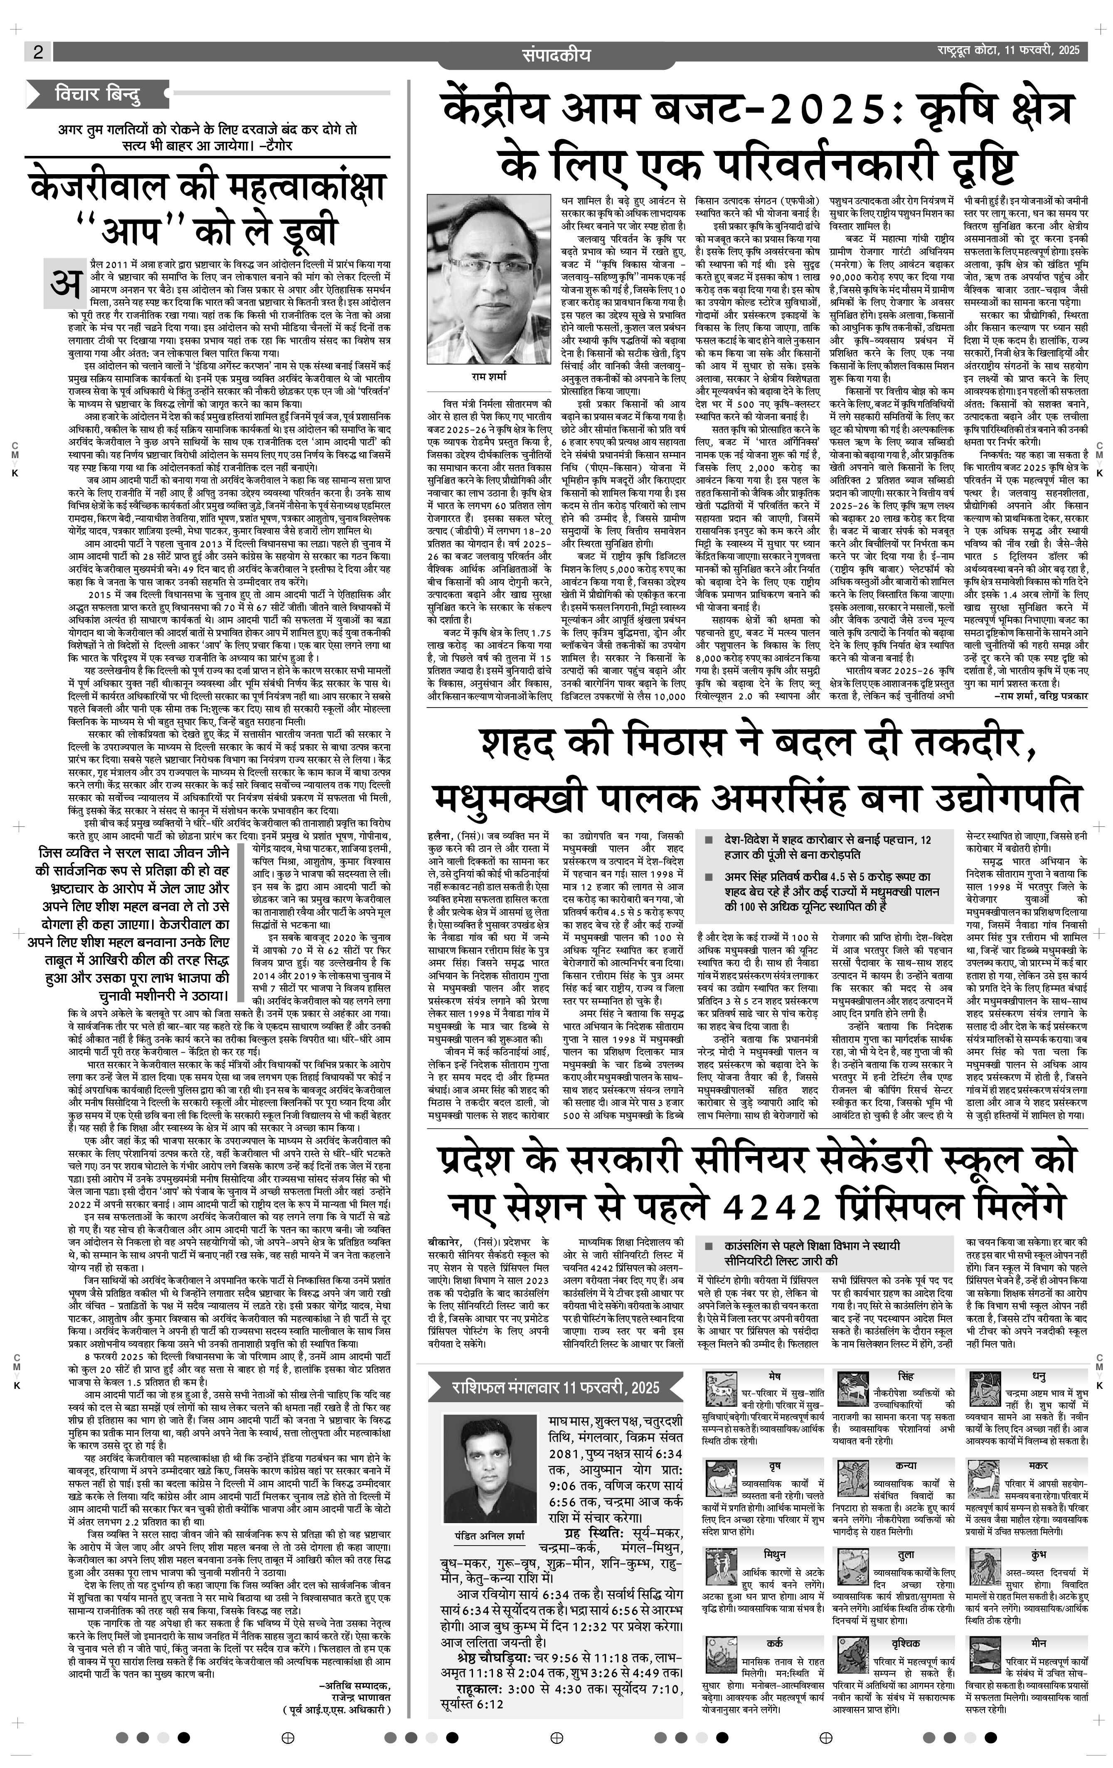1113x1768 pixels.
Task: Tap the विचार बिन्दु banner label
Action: coord(98,95)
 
